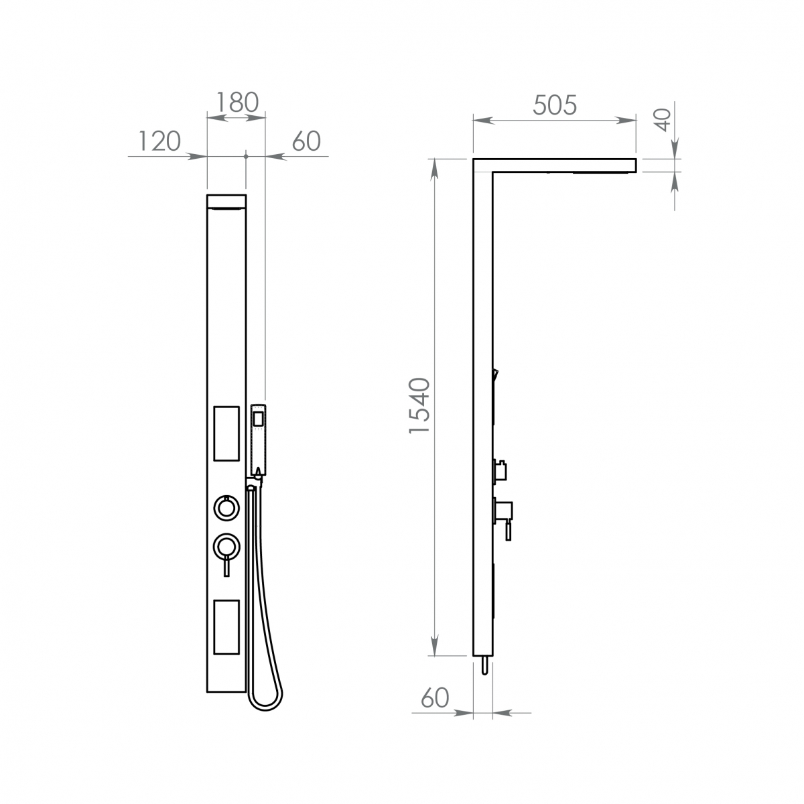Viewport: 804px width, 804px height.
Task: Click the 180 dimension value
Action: click(x=237, y=102)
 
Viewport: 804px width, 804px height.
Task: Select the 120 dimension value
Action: click(x=159, y=141)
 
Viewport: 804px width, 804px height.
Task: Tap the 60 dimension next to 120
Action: click(x=306, y=141)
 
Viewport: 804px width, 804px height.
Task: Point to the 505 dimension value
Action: click(x=555, y=105)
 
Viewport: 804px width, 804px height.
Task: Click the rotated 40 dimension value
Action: click(x=662, y=120)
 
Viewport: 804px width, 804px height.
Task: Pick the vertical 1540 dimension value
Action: click(x=419, y=406)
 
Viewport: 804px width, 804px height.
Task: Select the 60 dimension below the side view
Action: click(x=435, y=698)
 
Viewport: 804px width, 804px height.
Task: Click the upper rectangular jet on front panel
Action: click(x=226, y=433)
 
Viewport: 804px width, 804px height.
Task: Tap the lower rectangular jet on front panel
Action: click(x=226, y=627)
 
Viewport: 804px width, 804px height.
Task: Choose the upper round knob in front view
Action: click(x=226, y=507)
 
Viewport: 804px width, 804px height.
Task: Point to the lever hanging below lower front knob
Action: click(x=226, y=565)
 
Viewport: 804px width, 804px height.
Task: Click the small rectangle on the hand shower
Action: click(x=257, y=419)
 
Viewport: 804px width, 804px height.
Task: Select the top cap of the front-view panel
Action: click(x=226, y=202)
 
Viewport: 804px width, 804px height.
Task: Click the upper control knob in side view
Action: click(x=499, y=469)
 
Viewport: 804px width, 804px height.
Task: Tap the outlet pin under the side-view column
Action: click(x=482, y=665)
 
